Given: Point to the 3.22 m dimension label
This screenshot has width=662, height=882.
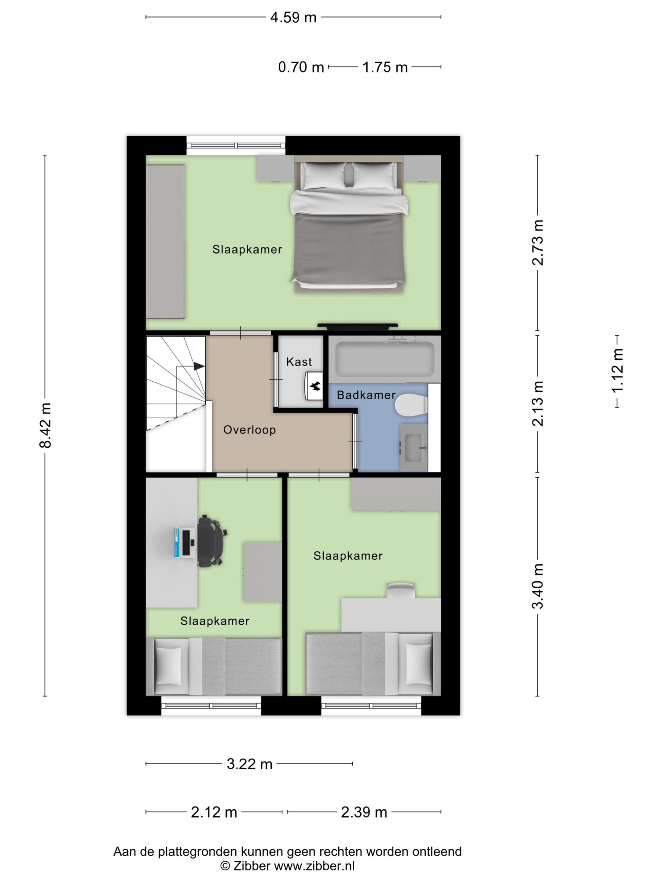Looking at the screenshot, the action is pos(249,764).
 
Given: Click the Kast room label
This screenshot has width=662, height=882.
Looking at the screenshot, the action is pos(299,362).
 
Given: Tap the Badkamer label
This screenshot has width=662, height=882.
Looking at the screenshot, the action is pos(366,395).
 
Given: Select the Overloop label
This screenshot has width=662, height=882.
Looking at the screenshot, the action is pos(249,430).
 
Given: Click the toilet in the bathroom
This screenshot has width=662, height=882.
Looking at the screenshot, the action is pos(411,405).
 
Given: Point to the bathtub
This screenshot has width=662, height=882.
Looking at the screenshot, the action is pos(385,359).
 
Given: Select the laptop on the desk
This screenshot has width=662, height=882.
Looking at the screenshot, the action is pos(184,542).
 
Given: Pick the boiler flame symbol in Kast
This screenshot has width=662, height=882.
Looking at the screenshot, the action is pos(315,386).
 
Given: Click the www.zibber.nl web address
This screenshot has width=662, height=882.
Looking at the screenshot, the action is pos(314,866).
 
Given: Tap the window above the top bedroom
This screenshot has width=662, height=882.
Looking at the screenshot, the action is pos(236,145).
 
